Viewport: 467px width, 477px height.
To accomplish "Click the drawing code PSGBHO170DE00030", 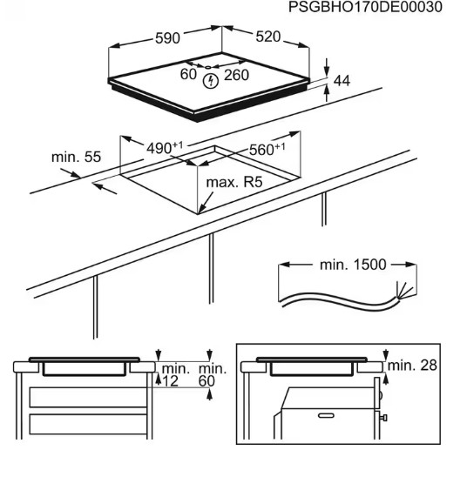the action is click(x=365, y=7).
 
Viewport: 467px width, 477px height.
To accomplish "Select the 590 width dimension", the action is click(x=167, y=38).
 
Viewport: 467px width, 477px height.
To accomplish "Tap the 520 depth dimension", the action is click(x=267, y=37).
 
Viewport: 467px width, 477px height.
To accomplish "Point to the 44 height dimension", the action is click(x=342, y=81).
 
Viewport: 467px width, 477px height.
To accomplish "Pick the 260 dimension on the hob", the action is click(x=236, y=75).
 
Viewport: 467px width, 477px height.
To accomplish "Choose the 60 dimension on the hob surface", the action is click(x=188, y=75).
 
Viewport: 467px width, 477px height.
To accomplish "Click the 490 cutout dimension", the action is click(x=165, y=148).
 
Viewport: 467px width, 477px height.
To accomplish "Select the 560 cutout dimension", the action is click(x=267, y=150).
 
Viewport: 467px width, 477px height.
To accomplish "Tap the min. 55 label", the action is click(x=76, y=157).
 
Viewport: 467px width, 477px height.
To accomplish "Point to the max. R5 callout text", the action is click(x=234, y=182).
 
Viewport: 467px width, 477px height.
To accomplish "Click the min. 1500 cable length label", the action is click(x=353, y=265).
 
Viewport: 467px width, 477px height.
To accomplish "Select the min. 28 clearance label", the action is click(x=412, y=365).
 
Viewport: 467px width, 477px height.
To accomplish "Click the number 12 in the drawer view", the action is click(x=170, y=381).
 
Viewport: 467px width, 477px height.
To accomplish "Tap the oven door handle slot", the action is click(x=326, y=415).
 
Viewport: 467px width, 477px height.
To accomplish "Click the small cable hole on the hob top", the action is click(x=208, y=67).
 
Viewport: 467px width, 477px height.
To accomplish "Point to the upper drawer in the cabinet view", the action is click(x=88, y=397).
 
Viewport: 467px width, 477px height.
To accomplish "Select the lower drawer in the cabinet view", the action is click(x=88, y=424).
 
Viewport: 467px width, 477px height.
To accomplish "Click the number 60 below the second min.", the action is click(x=206, y=381).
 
